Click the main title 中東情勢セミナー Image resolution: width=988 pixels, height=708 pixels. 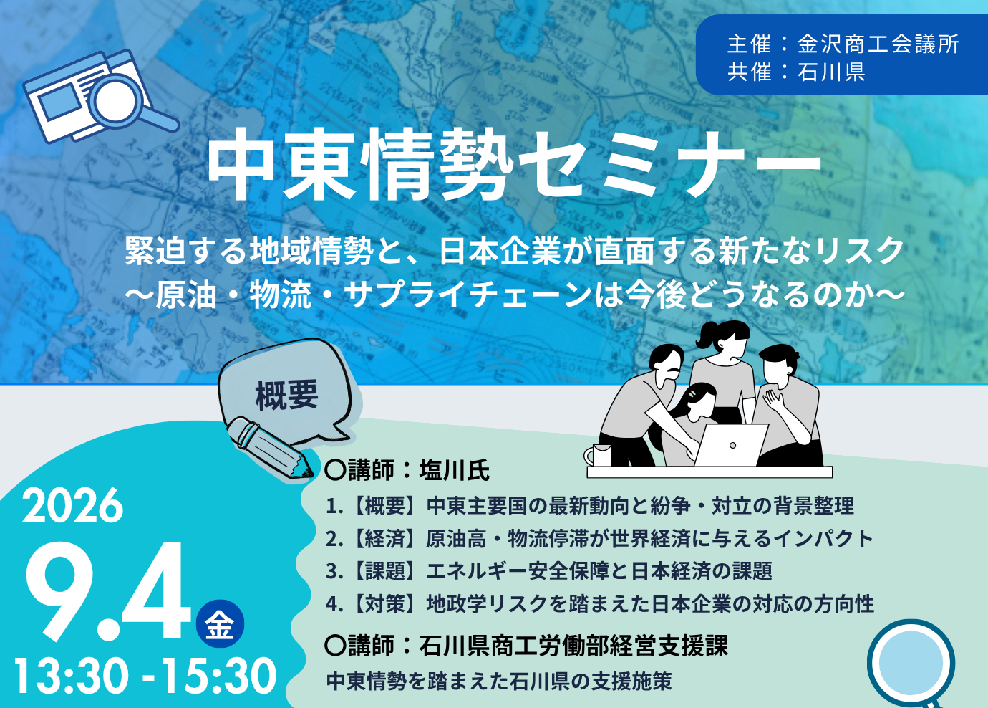click(514, 164)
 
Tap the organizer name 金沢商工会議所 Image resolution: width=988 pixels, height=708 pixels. click(878, 44)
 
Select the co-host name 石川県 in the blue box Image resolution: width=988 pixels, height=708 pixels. click(831, 72)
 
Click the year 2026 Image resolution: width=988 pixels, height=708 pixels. click(73, 505)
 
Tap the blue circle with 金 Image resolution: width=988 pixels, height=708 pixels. click(220, 623)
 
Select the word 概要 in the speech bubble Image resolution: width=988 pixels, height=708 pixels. click(286, 396)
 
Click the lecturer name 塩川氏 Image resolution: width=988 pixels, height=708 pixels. click(455, 471)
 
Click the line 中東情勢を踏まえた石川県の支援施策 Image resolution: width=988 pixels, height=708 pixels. click(499, 681)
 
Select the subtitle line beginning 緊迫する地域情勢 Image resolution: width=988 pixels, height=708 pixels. click(515, 252)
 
